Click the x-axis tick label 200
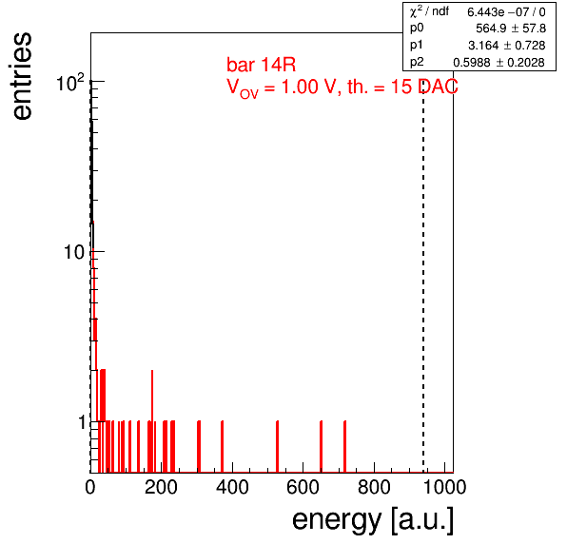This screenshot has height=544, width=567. tap(161, 487)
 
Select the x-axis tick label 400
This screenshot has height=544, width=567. tap(232, 487)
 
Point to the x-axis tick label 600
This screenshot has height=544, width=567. tap(303, 487)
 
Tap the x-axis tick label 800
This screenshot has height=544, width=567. tap(374, 487)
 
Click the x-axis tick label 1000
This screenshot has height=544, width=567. tap(444, 487)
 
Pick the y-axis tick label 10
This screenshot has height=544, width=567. tap(74, 252)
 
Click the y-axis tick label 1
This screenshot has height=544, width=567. tap(83, 422)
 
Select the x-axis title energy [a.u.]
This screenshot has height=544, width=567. tap(373, 520)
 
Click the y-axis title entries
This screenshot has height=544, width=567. tap(23, 76)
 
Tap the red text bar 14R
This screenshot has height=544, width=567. tap(261, 65)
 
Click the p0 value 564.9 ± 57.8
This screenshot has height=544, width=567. tap(511, 29)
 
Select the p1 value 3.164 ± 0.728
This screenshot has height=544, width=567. tap(507, 46)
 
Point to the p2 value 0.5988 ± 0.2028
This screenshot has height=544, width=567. tap(499, 62)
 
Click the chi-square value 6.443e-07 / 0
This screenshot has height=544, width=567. tap(506, 12)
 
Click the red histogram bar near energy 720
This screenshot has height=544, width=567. tap(345, 447)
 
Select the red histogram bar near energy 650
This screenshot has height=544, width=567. tap(322, 447)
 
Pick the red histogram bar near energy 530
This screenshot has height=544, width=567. tap(278, 447)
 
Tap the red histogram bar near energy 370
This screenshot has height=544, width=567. tap(222, 447)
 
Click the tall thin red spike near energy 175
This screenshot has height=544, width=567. tap(152, 421)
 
